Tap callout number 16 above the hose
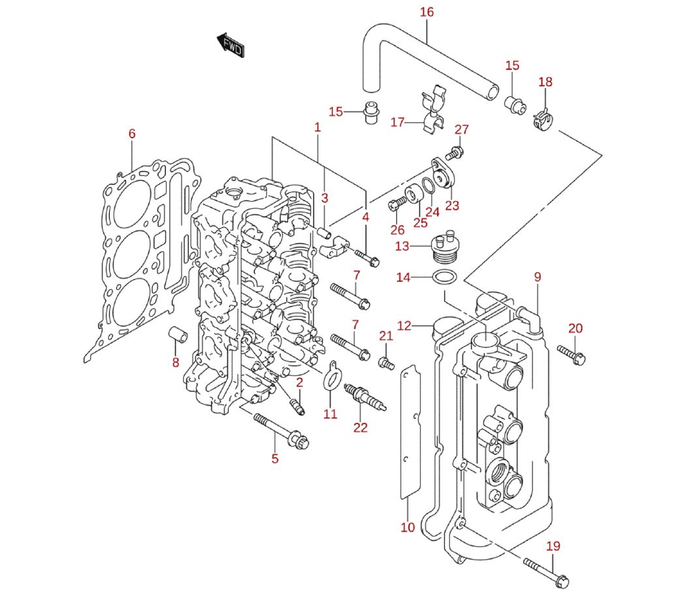tap(426, 12)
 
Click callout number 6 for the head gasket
tap(132, 134)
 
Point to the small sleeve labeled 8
tap(177, 334)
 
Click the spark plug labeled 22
tap(365, 397)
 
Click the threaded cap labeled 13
tap(445, 247)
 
